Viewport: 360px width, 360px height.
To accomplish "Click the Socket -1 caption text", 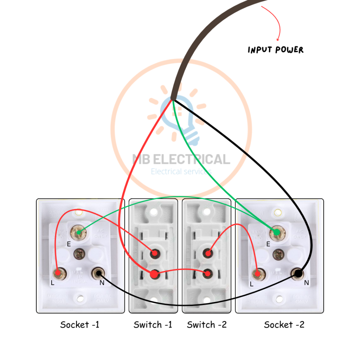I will pyautogui.click(x=80, y=324).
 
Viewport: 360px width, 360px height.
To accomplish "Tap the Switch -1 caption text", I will pyautogui.click(x=153, y=324).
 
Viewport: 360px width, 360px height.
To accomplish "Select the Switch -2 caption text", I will pyautogui.click(x=207, y=324).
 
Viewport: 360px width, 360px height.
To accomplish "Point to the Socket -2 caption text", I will pyautogui.click(x=284, y=324).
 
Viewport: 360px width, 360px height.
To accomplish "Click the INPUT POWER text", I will pyautogui.click(x=275, y=50).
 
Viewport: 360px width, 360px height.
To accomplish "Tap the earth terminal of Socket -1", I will pyautogui.click(x=79, y=232).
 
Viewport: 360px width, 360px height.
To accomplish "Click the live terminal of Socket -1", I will pyautogui.click(x=57, y=272).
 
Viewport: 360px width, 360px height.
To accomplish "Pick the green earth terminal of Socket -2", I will pyautogui.click(x=277, y=232).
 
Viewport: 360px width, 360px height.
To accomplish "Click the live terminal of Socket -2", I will pyautogui.click(x=258, y=274).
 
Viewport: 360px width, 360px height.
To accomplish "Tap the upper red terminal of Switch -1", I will pyautogui.click(x=154, y=253).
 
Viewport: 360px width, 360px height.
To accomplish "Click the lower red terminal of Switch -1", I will pyautogui.click(x=154, y=274).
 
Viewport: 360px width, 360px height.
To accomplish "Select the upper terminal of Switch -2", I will pyautogui.click(x=208, y=253).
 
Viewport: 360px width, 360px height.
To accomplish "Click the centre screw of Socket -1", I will pyautogui.click(x=79, y=253).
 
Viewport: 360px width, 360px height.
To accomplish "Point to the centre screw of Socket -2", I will pyautogui.click(x=278, y=253).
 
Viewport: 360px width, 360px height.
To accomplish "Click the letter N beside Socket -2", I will pyautogui.click(x=306, y=283).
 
